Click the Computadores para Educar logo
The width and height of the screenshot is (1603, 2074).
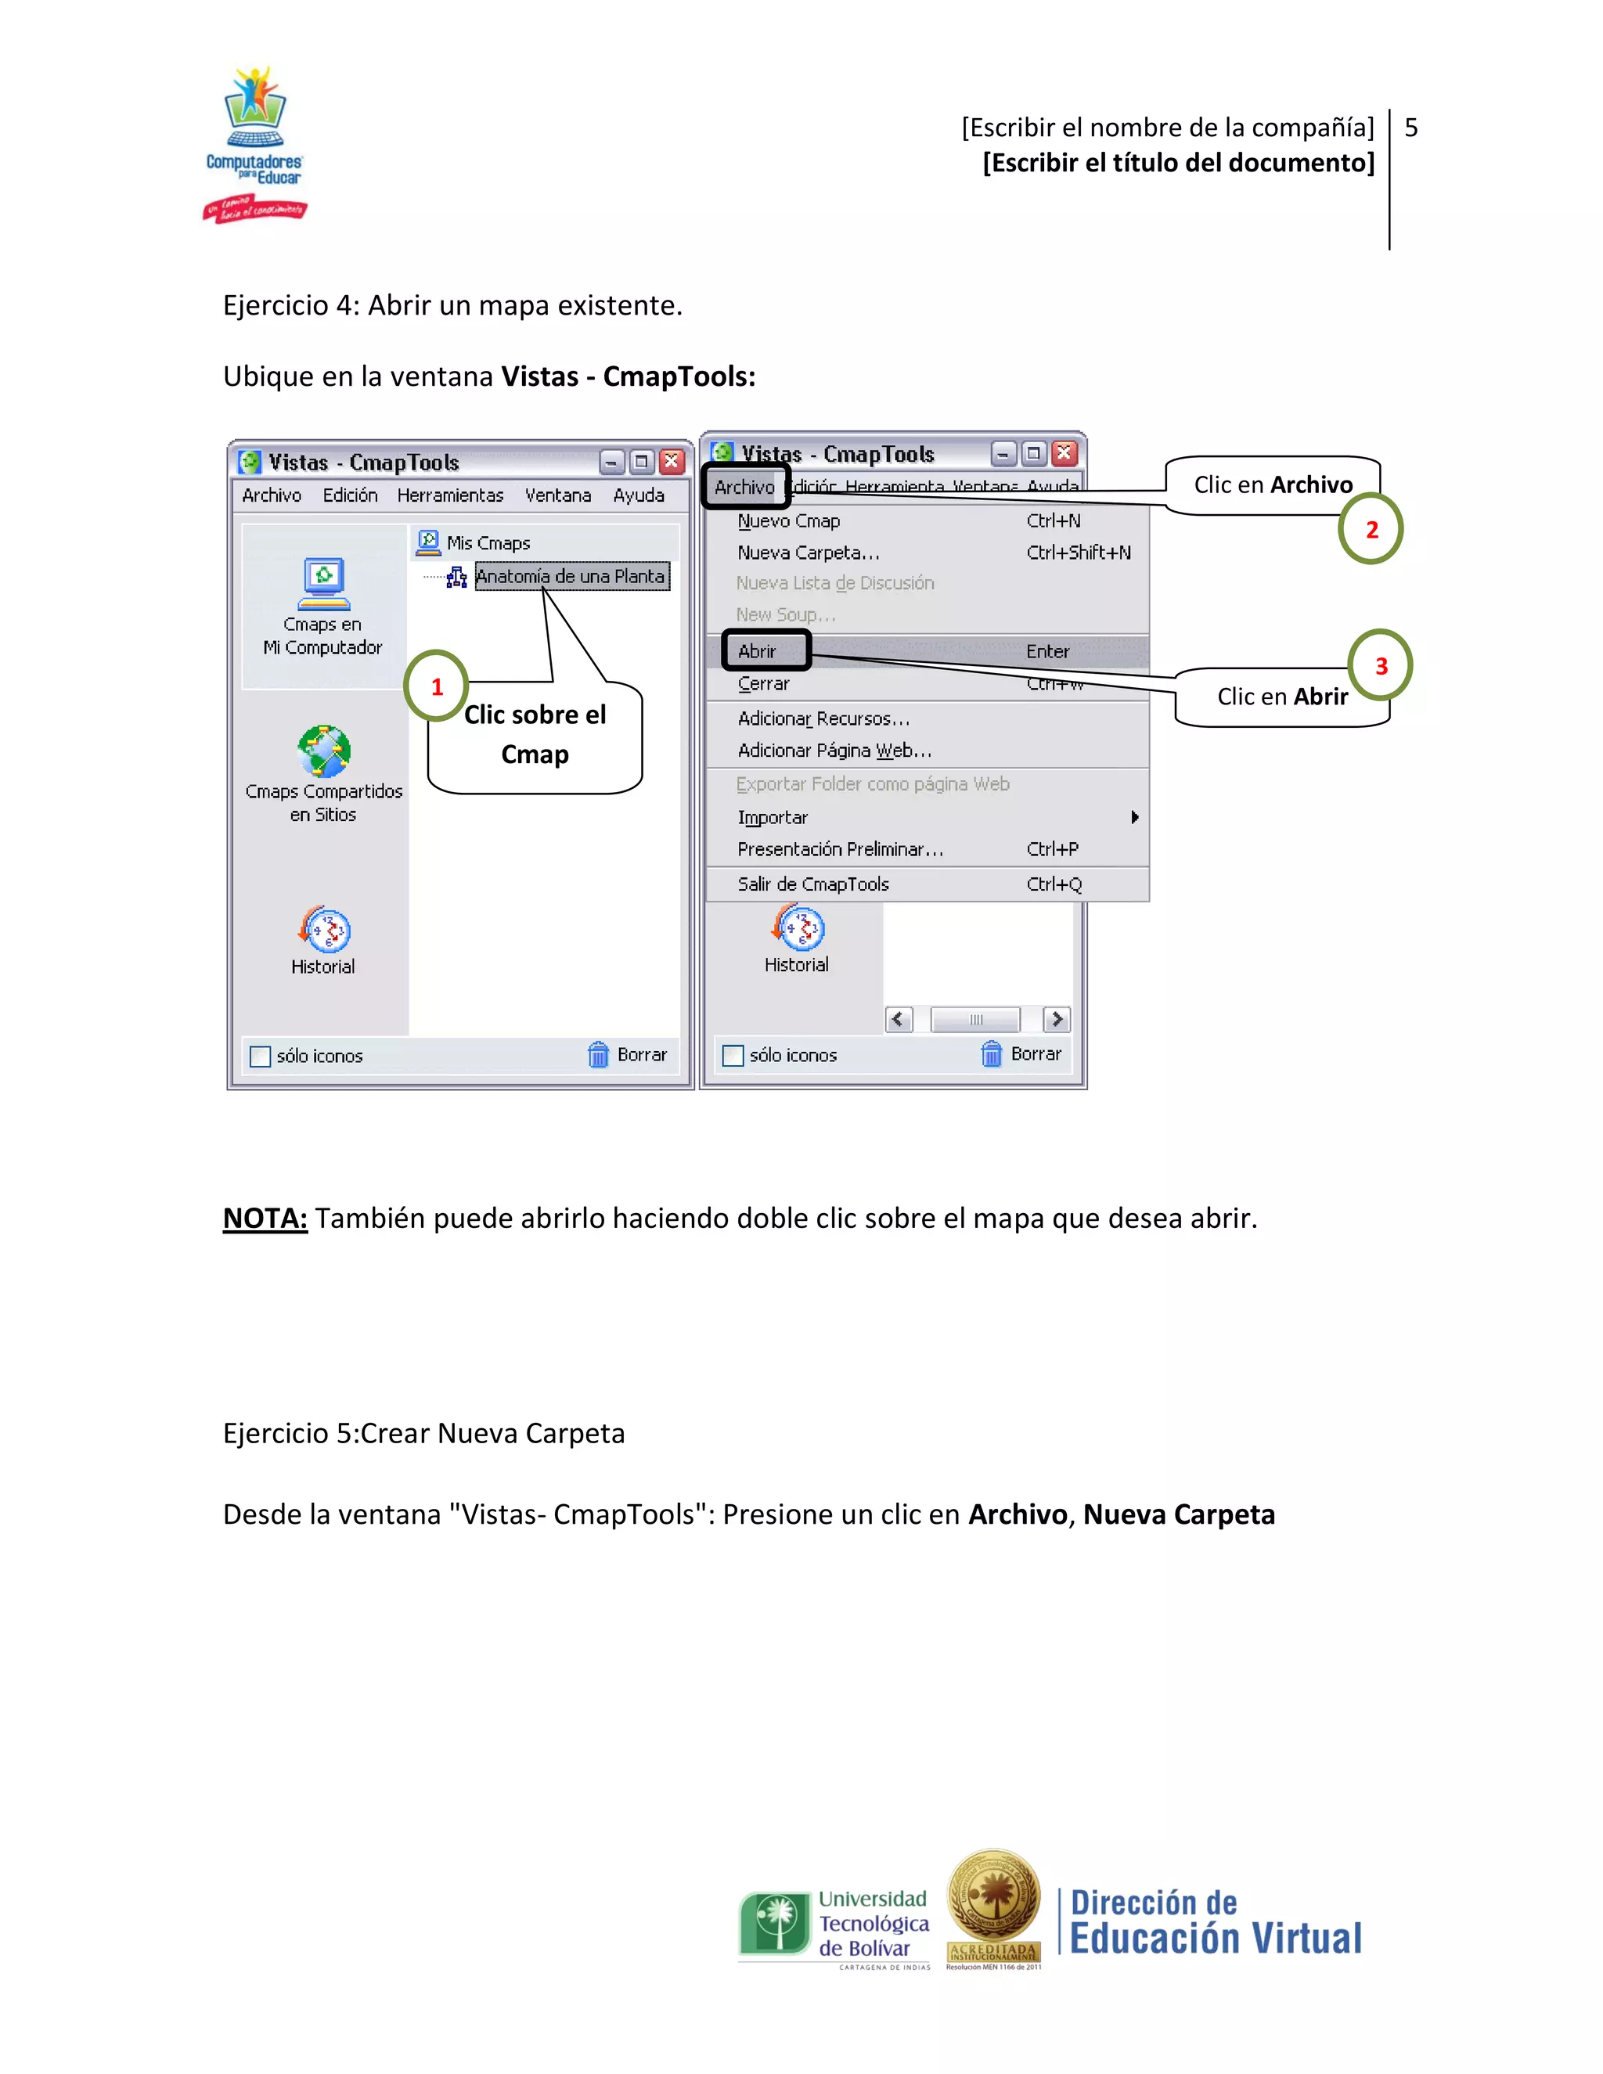point(254,142)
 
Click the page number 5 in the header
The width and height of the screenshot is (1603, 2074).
point(1410,128)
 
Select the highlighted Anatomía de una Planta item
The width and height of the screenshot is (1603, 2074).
point(571,577)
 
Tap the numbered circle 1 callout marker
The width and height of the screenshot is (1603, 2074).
point(436,686)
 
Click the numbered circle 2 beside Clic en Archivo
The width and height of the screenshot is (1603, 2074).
point(1371,529)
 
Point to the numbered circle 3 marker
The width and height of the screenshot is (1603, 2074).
point(1380,666)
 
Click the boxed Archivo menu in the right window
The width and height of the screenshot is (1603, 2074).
point(745,487)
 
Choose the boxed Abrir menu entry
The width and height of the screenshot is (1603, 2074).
point(765,650)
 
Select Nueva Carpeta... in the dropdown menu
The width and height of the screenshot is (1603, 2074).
point(808,553)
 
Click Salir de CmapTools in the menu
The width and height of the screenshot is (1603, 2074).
point(813,884)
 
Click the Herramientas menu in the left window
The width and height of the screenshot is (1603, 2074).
point(450,495)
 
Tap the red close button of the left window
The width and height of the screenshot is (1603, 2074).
point(672,462)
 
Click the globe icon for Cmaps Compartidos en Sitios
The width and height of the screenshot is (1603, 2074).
point(324,751)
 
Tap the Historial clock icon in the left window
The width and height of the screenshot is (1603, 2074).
point(325,930)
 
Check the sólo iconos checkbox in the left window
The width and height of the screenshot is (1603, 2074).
point(259,1056)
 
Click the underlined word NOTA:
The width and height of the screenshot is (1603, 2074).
point(265,1218)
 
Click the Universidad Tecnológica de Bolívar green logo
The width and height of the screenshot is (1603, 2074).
point(775,1924)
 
